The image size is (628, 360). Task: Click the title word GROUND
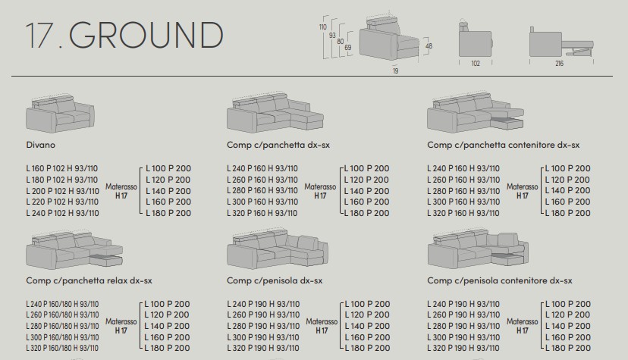(x=146, y=35)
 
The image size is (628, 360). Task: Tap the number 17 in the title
(x=39, y=35)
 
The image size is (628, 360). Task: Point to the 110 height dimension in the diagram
(x=323, y=27)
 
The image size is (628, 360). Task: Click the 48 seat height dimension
(x=429, y=46)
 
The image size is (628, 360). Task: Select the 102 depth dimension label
(x=476, y=63)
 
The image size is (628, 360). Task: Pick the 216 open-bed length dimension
(x=560, y=63)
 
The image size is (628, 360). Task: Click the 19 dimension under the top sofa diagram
(x=396, y=70)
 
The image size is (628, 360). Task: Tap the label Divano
(x=40, y=145)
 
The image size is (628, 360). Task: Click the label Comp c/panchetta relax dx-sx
(x=89, y=280)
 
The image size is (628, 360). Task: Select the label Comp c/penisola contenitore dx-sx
(x=499, y=280)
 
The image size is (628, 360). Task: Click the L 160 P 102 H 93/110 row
(x=62, y=168)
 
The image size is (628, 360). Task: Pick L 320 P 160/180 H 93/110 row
(x=62, y=348)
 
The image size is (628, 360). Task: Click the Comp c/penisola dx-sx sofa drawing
(x=277, y=249)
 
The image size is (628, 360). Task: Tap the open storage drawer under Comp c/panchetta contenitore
(x=507, y=123)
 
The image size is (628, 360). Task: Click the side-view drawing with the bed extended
(x=561, y=42)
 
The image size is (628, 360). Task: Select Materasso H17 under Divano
(x=121, y=191)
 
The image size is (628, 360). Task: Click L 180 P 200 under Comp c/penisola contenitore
(x=568, y=348)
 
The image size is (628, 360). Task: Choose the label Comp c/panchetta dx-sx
(x=278, y=145)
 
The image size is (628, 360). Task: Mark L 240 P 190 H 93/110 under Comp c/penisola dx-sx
(x=263, y=304)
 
